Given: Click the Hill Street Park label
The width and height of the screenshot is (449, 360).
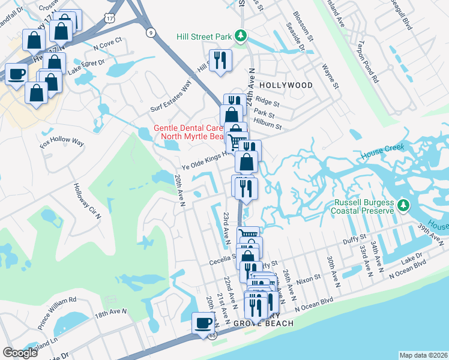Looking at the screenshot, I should (204, 37).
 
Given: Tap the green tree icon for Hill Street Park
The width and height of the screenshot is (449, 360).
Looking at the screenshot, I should (240, 36).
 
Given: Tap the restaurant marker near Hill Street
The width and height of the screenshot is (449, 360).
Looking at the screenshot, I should (220, 61).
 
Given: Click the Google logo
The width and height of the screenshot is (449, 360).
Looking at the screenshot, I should (20, 353).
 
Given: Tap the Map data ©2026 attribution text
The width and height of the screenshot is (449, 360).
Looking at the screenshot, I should (423, 355).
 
